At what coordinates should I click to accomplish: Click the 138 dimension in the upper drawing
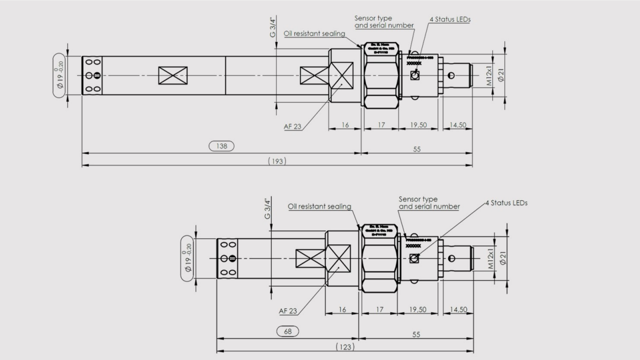coord(221,146)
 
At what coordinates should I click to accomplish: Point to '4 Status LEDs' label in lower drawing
coord(506,203)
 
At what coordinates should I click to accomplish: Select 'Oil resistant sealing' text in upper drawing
coord(314,34)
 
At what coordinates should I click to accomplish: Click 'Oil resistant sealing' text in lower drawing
coord(320,207)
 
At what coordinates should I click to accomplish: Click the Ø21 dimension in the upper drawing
coord(501,76)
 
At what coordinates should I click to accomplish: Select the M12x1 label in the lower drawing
coord(489,258)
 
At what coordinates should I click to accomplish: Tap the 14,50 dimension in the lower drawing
coord(458,310)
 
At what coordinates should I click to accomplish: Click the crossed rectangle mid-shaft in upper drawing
coord(173,76)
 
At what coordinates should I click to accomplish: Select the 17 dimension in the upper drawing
coord(380,126)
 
